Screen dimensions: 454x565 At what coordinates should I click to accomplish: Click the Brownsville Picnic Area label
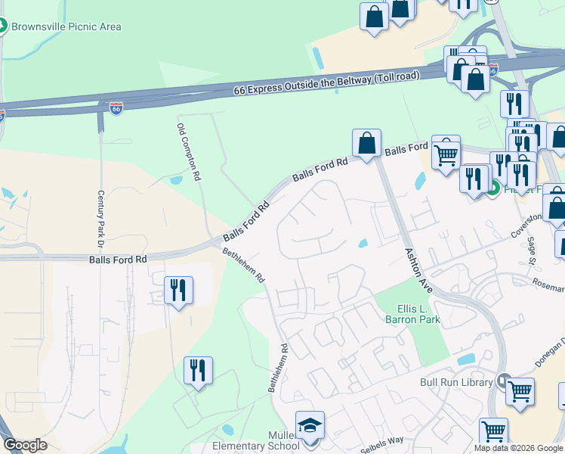click(x=66, y=27)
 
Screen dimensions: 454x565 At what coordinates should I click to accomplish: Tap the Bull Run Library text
click(x=456, y=382)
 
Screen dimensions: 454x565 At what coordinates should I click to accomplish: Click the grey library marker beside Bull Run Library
click(x=505, y=382)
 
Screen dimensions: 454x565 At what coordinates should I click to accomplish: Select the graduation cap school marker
click(x=310, y=426)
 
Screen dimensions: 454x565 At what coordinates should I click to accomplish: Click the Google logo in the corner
click(x=25, y=445)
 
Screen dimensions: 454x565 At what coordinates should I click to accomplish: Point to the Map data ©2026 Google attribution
click(x=518, y=448)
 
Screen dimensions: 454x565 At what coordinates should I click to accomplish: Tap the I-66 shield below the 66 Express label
click(x=116, y=108)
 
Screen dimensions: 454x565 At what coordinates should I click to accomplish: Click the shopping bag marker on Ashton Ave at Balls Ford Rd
click(x=366, y=143)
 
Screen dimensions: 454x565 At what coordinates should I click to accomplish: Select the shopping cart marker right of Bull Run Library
click(x=520, y=393)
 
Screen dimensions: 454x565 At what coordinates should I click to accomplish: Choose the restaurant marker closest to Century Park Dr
click(x=178, y=290)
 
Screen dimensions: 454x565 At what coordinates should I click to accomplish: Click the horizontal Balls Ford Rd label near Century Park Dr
click(x=118, y=259)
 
